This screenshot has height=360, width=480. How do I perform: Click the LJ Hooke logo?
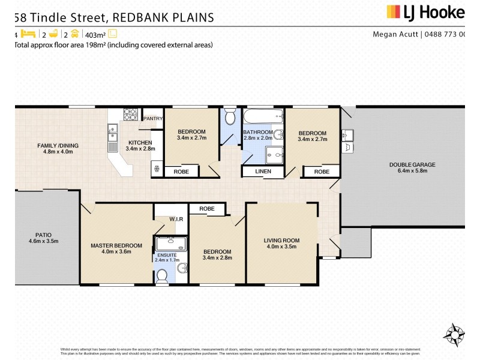click(x=425, y=12)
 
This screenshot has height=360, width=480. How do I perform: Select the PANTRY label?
click(x=153, y=118)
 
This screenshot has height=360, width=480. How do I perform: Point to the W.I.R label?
click(x=176, y=218)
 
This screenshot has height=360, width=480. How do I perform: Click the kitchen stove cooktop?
click(x=131, y=113)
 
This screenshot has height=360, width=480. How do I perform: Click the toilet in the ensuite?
click(x=161, y=275)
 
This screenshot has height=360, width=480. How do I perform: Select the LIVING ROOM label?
click(x=281, y=241)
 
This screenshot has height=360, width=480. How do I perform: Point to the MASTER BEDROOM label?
click(x=116, y=245)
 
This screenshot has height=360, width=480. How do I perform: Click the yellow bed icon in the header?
click(x=29, y=35)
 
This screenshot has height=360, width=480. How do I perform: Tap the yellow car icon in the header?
click(x=74, y=35)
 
